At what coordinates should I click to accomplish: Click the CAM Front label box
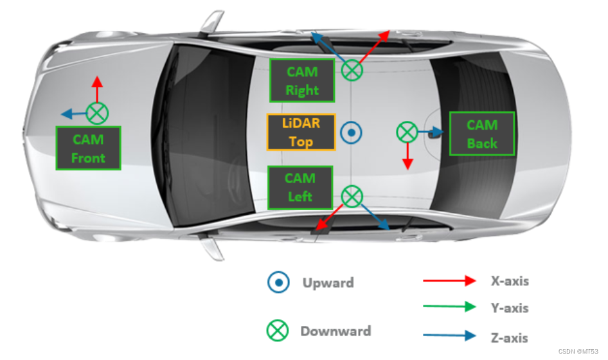[x=89, y=148]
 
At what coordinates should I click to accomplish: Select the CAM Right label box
[x=302, y=80]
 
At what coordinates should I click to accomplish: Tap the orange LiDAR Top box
[x=301, y=132]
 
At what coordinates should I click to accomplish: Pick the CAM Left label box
[x=301, y=188]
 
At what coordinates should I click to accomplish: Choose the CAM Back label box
[x=482, y=134]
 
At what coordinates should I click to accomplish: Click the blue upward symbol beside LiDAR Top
[x=352, y=132]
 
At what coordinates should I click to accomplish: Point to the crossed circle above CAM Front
[x=97, y=113]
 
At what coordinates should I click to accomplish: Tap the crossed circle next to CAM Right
[x=352, y=70]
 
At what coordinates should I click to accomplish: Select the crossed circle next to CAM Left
[x=352, y=196]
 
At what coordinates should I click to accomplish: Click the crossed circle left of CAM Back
[x=407, y=132]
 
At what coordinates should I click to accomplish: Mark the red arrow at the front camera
[x=97, y=89]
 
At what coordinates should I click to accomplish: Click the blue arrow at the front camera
[x=74, y=114]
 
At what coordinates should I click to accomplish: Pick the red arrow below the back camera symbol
[x=407, y=156]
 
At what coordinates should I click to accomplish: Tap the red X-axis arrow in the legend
[x=449, y=280]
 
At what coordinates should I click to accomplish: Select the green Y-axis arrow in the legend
[x=449, y=307]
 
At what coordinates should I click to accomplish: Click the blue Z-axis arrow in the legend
[x=449, y=335]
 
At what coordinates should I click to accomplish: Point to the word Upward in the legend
[x=328, y=283]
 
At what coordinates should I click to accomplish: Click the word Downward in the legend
[x=335, y=331]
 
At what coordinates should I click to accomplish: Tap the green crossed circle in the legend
[x=278, y=330]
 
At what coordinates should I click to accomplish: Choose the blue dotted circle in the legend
[x=278, y=282]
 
